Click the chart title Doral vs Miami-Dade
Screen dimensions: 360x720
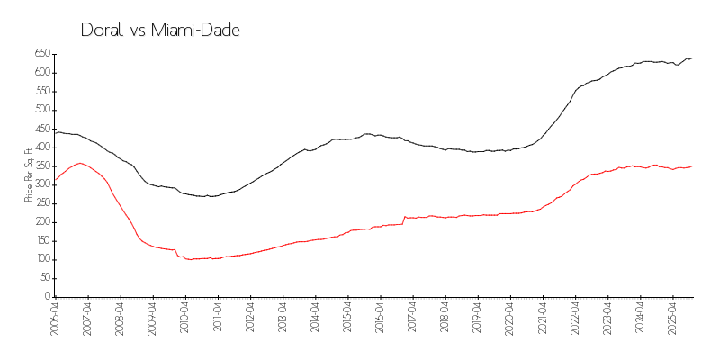click(x=160, y=31)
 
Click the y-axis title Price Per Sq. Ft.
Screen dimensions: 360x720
click(x=30, y=175)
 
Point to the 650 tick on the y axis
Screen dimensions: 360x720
click(x=42, y=53)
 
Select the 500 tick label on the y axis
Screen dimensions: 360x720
click(x=42, y=110)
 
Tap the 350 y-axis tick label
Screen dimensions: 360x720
click(x=42, y=166)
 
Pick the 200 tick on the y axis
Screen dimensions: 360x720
click(x=42, y=222)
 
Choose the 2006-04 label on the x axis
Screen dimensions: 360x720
click(x=56, y=319)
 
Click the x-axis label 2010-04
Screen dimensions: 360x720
click(x=185, y=319)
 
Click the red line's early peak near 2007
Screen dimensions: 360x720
click(x=80, y=163)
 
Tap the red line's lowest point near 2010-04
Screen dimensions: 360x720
click(x=189, y=259)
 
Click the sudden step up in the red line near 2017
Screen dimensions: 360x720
click(x=404, y=217)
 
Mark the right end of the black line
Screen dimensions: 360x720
click(x=692, y=58)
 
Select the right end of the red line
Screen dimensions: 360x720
click(x=692, y=166)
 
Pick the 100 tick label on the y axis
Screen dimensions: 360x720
click(x=42, y=259)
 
